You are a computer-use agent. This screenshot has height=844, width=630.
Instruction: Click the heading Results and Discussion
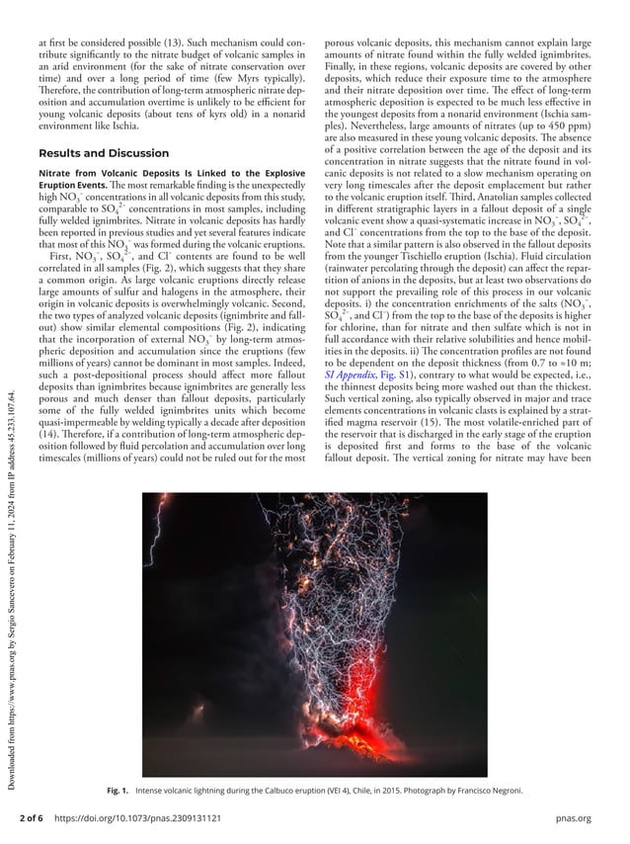coord(102,154)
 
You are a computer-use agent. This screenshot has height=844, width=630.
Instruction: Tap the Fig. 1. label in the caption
coord(118,792)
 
